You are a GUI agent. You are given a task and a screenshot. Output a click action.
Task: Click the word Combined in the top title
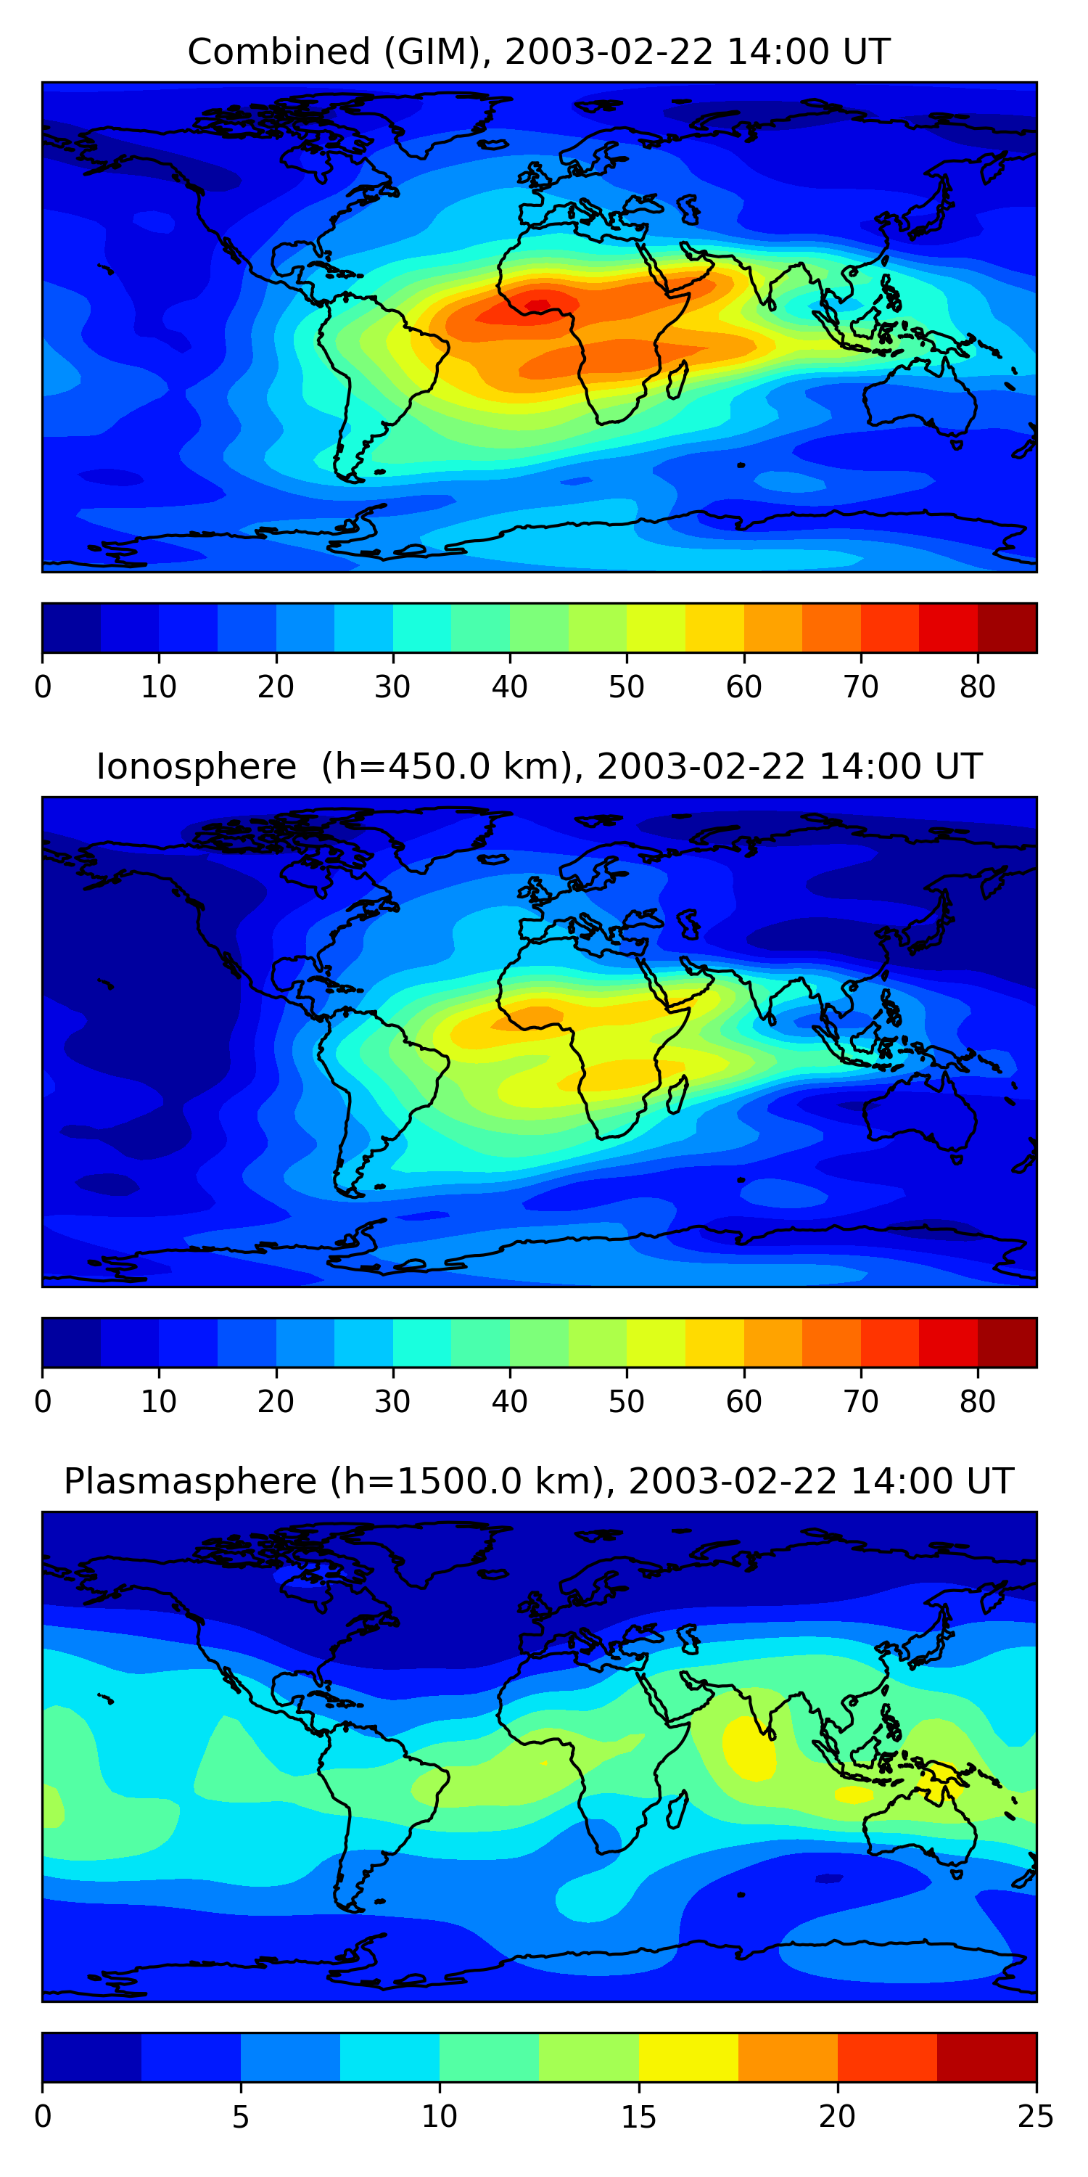[279, 52]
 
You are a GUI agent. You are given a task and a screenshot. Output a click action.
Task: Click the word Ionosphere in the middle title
[196, 766]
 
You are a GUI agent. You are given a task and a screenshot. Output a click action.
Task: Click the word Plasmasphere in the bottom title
[190, 1482]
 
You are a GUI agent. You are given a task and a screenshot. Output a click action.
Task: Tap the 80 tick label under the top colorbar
[977, 687]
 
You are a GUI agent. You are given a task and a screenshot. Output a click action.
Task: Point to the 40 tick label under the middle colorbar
[509, 1402]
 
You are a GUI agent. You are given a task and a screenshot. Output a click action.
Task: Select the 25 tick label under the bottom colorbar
[1036, 2117]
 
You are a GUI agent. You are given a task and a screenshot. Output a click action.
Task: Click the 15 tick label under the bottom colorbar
[638, 2117]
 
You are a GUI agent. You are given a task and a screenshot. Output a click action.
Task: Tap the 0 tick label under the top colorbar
[43, 687]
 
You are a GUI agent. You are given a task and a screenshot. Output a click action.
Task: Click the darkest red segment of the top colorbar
[1007, 628]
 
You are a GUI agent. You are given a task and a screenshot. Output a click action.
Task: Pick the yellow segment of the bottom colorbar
[688, 2058]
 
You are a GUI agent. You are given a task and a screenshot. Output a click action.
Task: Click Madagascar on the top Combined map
[677, 380]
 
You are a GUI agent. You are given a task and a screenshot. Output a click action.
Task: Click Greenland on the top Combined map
[440, 123]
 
